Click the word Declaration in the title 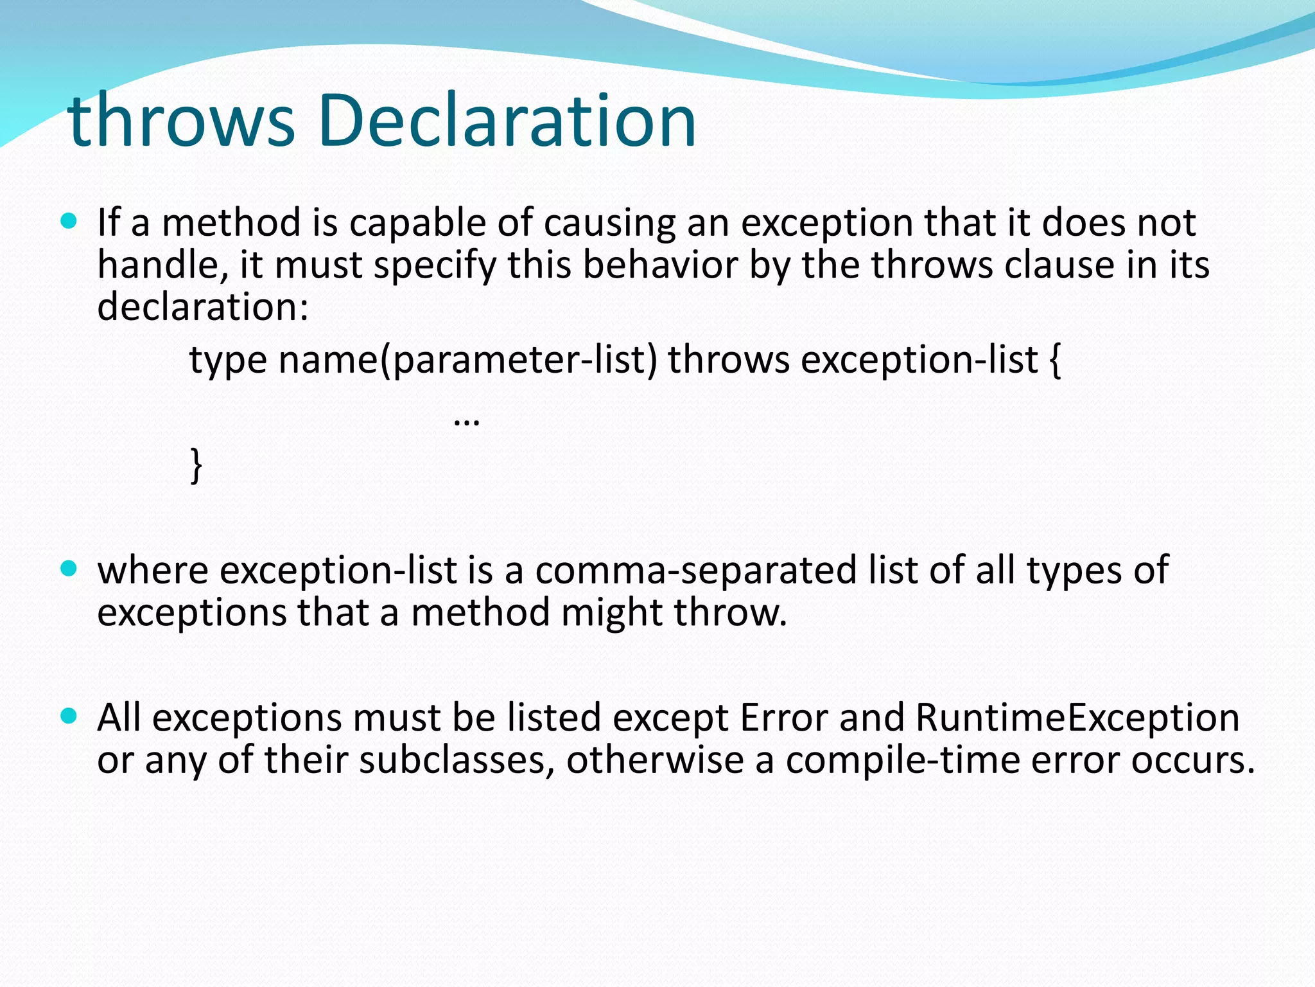point(507,121)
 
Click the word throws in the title point(181,121)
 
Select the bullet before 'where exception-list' point(69,569)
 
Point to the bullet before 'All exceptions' point(69,716)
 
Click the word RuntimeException point(1077,717)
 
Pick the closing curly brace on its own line point(196,465)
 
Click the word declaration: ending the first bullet point(203,307)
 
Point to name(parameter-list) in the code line point(467,360)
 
